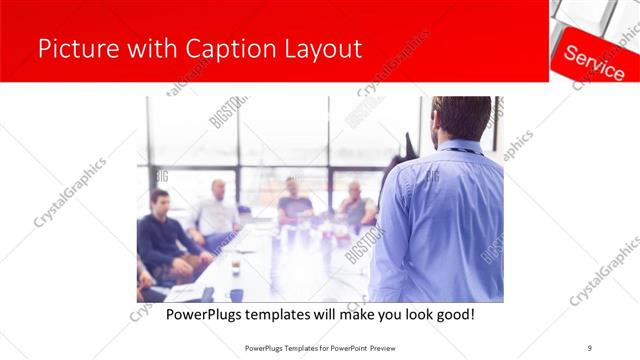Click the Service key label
coord(594,60)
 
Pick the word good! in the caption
coord(453,315)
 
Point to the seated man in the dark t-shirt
coord(295,200)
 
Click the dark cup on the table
coord(236,266)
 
